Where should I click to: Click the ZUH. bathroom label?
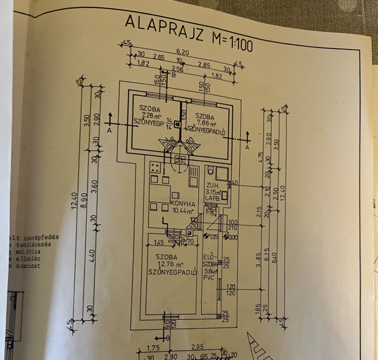coord(212,184)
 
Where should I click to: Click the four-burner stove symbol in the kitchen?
coord(155,167)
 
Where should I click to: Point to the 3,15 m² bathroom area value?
coord(214,191)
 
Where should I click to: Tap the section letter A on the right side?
coord(247,147)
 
